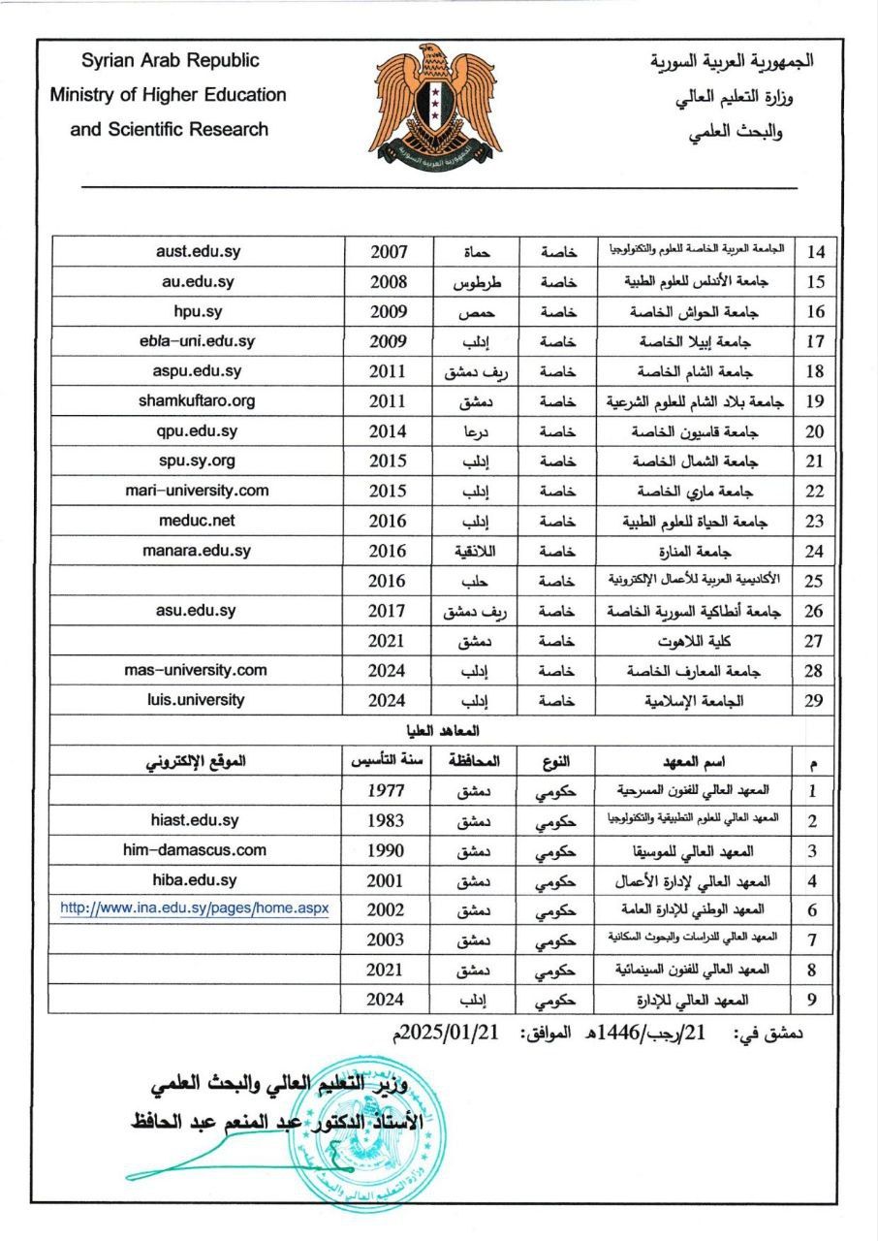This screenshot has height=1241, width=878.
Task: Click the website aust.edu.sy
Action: tap(198, 251)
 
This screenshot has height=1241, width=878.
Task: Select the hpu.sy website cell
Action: tap(198, 311)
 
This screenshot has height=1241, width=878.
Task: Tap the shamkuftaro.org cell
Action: tap(198, 400)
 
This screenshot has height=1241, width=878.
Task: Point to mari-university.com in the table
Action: tap(198, 491)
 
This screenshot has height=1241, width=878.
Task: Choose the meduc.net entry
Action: tap(198, 521)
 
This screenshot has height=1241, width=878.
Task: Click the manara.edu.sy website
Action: tap(198, 551)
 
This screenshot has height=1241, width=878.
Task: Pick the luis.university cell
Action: tap(198, 699)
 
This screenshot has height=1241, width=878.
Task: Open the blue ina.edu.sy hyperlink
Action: tap(195, 908)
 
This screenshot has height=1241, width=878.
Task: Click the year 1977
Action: tap(388, 790)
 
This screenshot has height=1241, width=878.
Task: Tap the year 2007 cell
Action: tap(388, 252)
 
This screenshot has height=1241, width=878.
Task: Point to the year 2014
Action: tap(388, 431)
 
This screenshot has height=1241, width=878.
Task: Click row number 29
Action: tap(814, 701)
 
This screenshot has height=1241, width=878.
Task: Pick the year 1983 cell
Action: tap(388, 820)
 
